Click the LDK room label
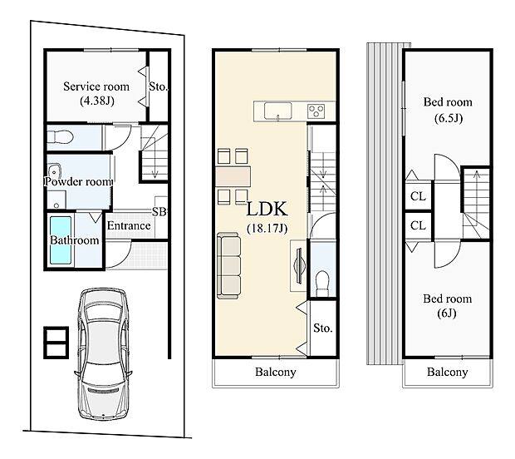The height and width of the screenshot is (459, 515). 265,208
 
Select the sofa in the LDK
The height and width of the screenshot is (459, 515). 229,265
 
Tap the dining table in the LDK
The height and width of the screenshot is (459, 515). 232,175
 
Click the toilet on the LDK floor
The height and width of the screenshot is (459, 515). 322,280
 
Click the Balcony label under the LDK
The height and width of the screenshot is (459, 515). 275,373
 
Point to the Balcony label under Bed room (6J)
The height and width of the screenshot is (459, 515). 447,373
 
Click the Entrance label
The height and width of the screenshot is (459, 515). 129,225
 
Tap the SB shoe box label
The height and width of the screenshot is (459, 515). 159,212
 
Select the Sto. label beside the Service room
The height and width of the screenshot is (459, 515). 158,86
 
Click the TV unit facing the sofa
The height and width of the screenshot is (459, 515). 297,266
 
